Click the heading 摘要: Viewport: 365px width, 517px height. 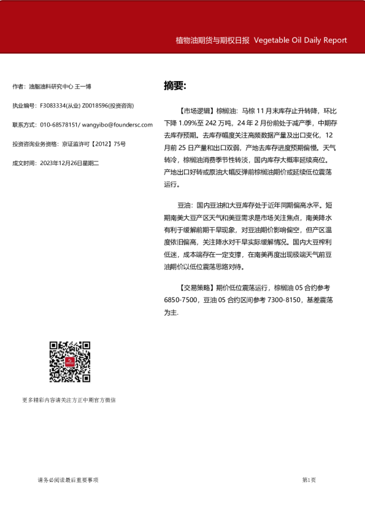pyautogui.click(x=175, y=85)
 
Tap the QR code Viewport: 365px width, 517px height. pyautogui.click(x=70, y=362)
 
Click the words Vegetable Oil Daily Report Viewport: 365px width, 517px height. pyautogui.click(x=300, y=40)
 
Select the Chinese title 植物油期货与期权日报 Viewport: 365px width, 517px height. pyautogui.click(x=212, y=40)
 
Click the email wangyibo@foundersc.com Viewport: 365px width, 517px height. pyautogui.click(x=117, y=125)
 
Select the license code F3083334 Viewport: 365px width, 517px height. pyautogui.click(x=53, y=106)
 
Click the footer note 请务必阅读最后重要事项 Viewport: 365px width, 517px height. pyautogui.click(x=67, y=480)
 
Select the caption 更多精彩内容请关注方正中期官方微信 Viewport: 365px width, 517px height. pyautogui.click(x=69, y=400)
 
